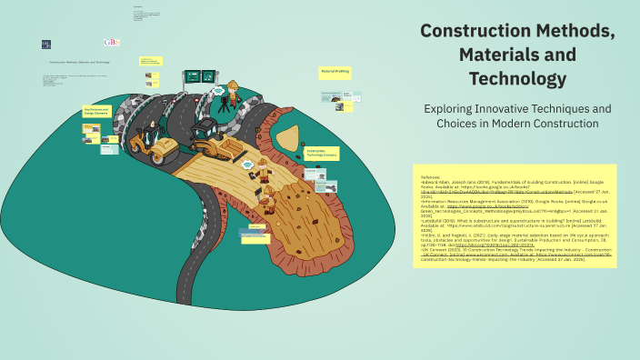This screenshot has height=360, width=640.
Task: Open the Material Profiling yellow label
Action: (x=334, y=70)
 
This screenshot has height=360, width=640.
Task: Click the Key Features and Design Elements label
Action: (x=96, y=111)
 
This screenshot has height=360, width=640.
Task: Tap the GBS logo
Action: (x=112, y=42)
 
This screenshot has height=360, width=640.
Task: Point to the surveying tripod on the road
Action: (x=224, y=103)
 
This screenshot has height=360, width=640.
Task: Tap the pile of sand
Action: (x=289, y=138)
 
